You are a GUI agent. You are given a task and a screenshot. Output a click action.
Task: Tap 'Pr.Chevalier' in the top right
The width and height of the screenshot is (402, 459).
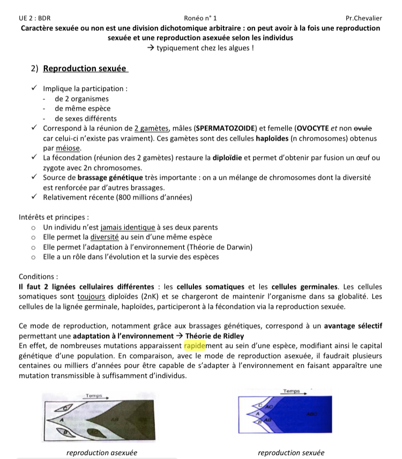[364, 18]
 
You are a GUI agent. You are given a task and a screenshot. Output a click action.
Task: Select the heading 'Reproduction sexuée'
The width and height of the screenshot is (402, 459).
[85, 68]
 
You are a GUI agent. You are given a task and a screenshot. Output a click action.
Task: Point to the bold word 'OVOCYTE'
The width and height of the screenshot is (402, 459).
[314, 128]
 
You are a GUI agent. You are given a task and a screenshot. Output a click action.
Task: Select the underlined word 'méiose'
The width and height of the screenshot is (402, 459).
[69, 148]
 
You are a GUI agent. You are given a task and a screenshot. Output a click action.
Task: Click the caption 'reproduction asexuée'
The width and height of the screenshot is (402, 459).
[101, 453]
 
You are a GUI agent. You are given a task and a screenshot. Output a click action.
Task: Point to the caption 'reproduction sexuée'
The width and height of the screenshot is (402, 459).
[291, 453]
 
